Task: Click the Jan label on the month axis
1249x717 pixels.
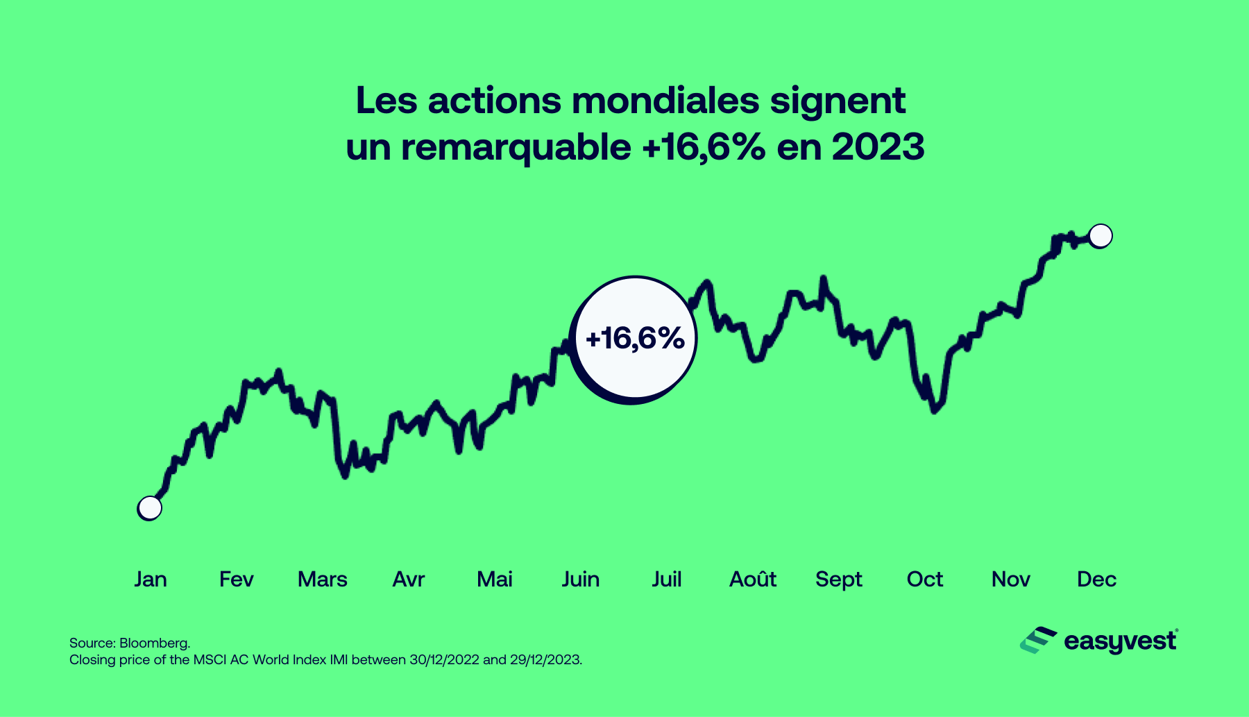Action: click(151, 579)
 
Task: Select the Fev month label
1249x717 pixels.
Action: click(236, 579)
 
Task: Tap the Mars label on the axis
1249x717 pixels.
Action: click(322, 579)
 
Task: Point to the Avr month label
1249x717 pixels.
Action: click(408, 579)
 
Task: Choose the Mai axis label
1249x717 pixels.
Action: click(494, 579)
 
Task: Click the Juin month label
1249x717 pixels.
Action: click(580, 579)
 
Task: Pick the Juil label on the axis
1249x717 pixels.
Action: click(666, 579)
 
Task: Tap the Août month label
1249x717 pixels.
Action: click(752, 579)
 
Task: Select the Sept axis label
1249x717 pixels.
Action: click(838, 579)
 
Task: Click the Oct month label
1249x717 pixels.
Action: click(924, 579)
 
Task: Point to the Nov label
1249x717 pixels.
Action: click(1010, 579)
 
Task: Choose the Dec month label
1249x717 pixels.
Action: click(1096, 579)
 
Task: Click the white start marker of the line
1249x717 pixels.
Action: click(150, 508)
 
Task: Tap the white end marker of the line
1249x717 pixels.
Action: click(1101, 236)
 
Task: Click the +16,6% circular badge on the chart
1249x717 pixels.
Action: click(634, 339)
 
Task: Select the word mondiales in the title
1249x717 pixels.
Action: click(665, 101)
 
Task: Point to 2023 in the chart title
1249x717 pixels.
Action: click(878, 147)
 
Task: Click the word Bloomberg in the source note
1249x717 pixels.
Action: click(154, 643)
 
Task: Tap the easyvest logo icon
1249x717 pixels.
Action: click(1038, 640)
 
